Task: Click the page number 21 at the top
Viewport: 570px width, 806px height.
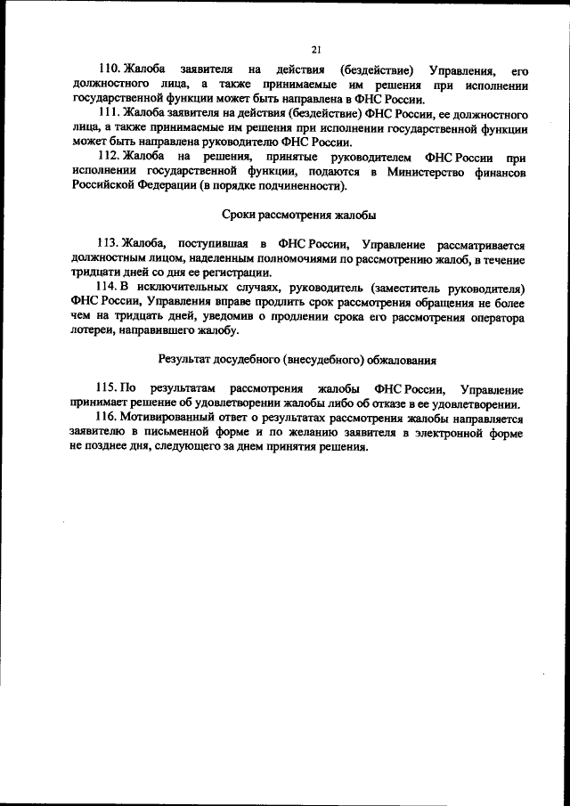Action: coord(316,49)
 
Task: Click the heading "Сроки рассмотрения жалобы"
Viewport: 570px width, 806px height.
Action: coord(297,216)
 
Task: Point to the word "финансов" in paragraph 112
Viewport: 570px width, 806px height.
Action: coord(498,172)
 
